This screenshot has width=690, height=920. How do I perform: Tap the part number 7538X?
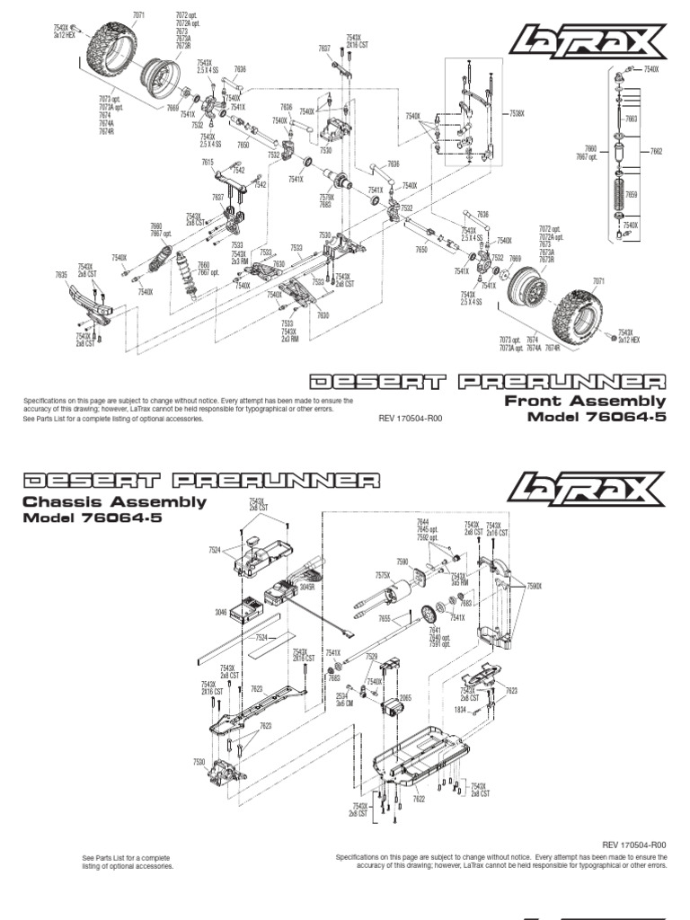[x=517, y=113]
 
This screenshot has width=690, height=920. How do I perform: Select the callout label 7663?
[x=632, y=119]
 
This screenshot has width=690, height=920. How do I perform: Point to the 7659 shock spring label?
[x=632, y=194]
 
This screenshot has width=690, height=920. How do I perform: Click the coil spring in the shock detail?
[x=619, y=193]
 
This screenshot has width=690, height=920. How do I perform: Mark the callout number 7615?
[x=208, y=162]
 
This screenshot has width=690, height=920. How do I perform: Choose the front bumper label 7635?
[x=61, y=274]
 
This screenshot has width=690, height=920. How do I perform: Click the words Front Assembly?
[x=585, y=401]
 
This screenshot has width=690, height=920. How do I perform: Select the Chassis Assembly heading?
[x=114, y=502]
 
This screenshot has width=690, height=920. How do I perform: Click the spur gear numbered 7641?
[x=434, y=614]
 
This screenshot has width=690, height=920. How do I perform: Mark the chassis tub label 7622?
[x=418, y=798]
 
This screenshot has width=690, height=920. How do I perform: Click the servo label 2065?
[x=405, y=697]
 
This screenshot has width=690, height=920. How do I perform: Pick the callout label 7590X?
[x=535, y=586]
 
